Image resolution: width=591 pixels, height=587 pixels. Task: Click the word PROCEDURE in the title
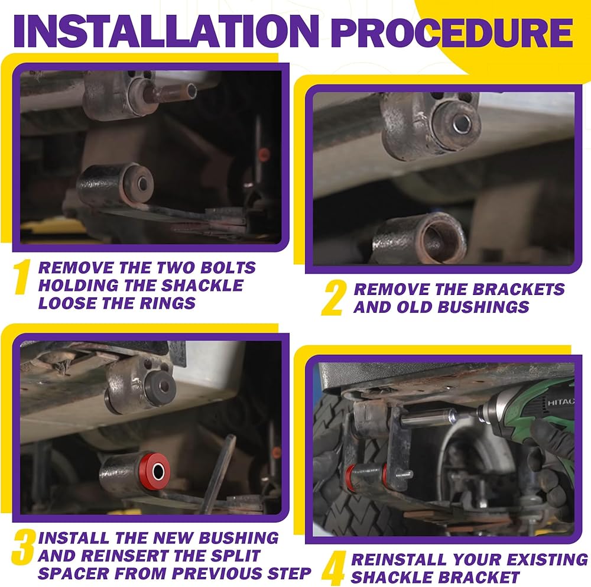453,32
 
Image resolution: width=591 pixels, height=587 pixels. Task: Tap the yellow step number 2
334,298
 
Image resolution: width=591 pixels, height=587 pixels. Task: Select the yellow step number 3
24,547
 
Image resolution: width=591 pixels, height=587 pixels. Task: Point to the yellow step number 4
333,569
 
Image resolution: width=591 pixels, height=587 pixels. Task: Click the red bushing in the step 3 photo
154,471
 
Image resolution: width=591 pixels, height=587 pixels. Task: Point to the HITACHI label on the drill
560,402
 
